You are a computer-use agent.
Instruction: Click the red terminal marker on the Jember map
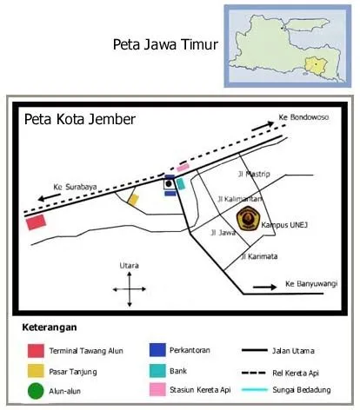tap(36, 222)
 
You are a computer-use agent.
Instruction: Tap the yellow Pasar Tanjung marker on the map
tap(133, 199)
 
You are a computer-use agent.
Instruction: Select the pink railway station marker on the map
tap(183, 168)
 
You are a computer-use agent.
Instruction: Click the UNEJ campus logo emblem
tap(248, 218)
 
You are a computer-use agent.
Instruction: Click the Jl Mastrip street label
tap(257, 174)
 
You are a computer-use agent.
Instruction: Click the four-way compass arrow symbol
tap(129, 288)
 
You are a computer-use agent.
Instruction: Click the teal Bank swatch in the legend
tap(157, 371)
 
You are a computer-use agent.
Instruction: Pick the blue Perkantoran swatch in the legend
tap(157, 350)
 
